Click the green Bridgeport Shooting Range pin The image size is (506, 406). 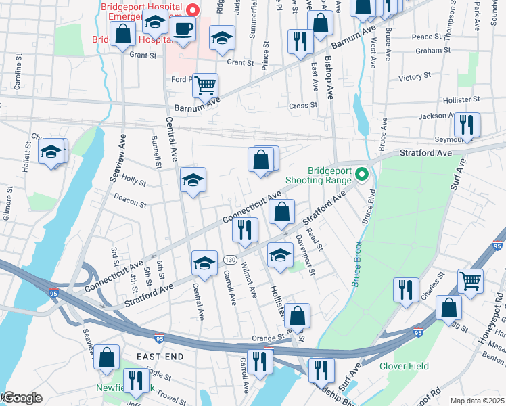tap(362, 175)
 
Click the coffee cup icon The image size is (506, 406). tap(183, 29)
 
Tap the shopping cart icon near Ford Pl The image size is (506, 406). tap(205, 86)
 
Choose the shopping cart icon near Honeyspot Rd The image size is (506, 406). tap(470, 280)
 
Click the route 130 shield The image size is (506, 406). tap(231, 260)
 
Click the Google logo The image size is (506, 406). tap(22, 398)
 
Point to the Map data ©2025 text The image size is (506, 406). tap(476, 401)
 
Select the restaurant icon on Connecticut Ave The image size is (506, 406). tap(245, 229)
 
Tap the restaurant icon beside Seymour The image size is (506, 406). tap(467, 125)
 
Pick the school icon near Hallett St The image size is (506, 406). tap(51, 152)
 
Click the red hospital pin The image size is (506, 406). tap(193, 10)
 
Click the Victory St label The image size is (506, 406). tap(410, 78)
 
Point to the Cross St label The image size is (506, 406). tap(303, 106)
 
